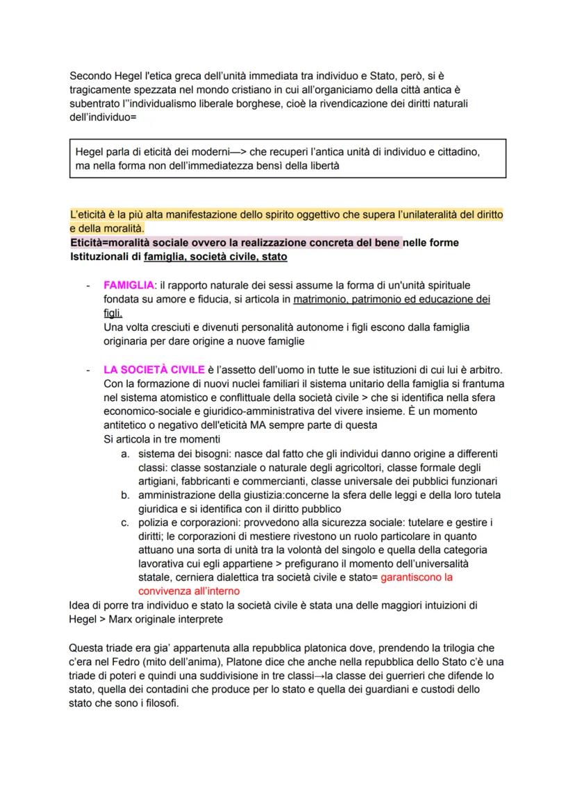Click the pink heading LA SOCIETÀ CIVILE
pyautogui.click(x=149, y=369)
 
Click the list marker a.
pyautogui.click(x=125, y=454)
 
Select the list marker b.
pyautogui.click(x=125, y=495)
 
